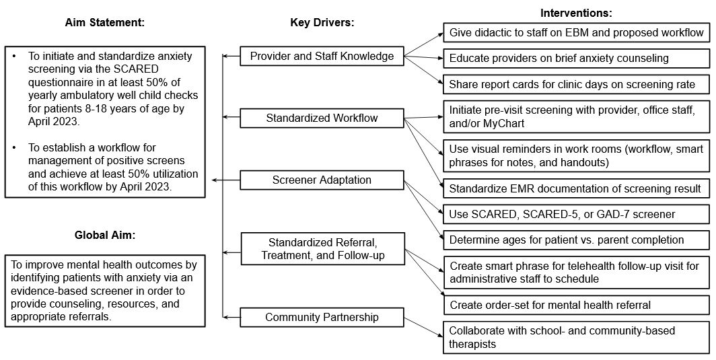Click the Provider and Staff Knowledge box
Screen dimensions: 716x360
(x=322, y=56)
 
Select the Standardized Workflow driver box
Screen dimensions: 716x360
(x=322, y=118)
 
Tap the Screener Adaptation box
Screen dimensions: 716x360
(x=322, y=180)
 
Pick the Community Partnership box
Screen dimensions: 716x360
(x=322, y=317)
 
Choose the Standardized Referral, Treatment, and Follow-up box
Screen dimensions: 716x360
(x=322, y=248)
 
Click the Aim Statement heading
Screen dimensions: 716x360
(x=104, y=22)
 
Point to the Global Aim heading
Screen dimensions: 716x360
(x=105, y=236)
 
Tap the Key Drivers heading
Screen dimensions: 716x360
(x=322, y=22)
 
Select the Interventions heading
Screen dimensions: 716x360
(x=576, y=13)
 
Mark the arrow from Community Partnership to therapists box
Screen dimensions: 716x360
(x=424, y=328)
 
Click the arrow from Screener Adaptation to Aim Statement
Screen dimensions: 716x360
(x=226, y=180)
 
